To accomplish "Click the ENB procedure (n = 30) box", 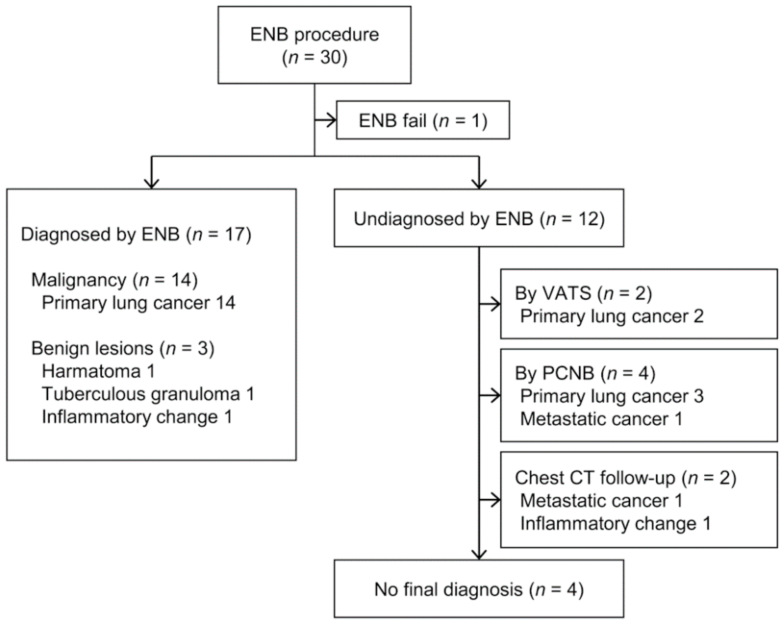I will pyautogui.click(x=314, y=45).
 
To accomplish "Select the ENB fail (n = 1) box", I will pyautogui.click(x=423, y=121).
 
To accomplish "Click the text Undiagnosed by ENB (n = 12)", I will pyautogui.click(x=479, y=219).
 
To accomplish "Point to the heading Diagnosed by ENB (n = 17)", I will pyautogui.click(x=136, y=234).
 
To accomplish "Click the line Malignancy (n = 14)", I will pyautogui.click(x=114, y=280).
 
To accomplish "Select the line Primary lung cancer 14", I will pyautogui.click(x=138, y=303).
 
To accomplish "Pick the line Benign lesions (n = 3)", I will pyautogui.click(x=123, y=348).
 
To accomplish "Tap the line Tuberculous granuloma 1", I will pyautogui.click(x=148, y=394).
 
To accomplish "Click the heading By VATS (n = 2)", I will pyautogui.click(x=583, y=293).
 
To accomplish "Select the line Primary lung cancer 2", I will pyautogui.click(x=612, y=316).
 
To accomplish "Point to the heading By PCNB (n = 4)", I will pyautogui.click(x=585, y=373).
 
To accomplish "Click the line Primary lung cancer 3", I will pyautogui.click(x=612, y=396).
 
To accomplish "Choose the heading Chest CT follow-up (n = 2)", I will pyautogui.click(x=625, y=478).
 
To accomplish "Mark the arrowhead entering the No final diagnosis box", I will pyautogui.click(x=479, y=554).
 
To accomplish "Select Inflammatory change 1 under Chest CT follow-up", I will pyautogui.click(x=615, y=524).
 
